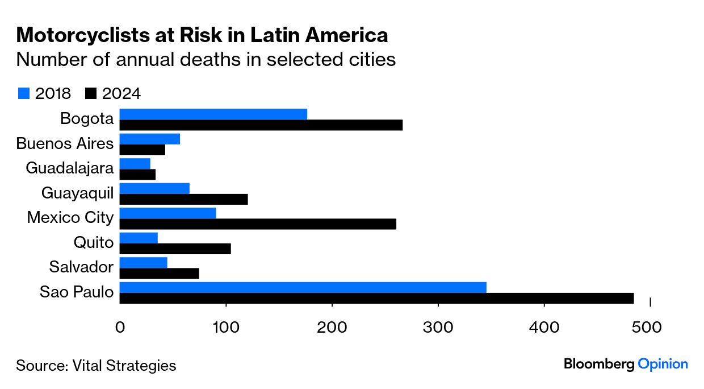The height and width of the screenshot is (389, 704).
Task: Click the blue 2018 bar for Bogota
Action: pyautogui.click(x=213, y=114)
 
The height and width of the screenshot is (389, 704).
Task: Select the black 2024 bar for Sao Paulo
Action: pyautogui.click(x=376, y=299)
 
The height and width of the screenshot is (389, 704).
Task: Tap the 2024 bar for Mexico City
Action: pyautogui.click(x=258, y=224)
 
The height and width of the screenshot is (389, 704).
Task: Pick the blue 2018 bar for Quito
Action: pyautogui.click(x=139, y=238)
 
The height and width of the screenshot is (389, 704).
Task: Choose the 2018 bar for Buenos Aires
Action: pyautogui.click(x=150, y=139)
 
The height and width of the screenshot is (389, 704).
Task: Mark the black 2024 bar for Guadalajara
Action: pyautogui.click(x=137, y=175)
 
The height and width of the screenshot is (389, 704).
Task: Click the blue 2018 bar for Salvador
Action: pyautogui.click(x=144, y=262)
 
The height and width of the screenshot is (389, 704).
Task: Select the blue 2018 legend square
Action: pyautogui.click(x=23, y=93)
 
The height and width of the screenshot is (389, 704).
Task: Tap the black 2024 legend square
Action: pyautogui.click(x=91, y=93)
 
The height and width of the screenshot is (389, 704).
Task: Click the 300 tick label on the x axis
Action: pyautogui.click(x=438, y=328)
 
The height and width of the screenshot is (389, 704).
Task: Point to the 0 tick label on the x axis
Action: pyautogui.click(x=120, y=328)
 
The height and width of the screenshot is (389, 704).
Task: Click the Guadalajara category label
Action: pyautogui.click(x=70, y=168)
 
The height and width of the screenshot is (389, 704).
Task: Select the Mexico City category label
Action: pyautogui.click(x=70, y=218)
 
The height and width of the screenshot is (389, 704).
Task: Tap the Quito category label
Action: pyautogui.click(x=94, y=243)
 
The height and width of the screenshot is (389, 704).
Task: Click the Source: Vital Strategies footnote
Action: pyautogui.click(x=96, y=365)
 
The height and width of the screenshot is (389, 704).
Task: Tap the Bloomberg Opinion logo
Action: pyautogui.click(x=626, y=364)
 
